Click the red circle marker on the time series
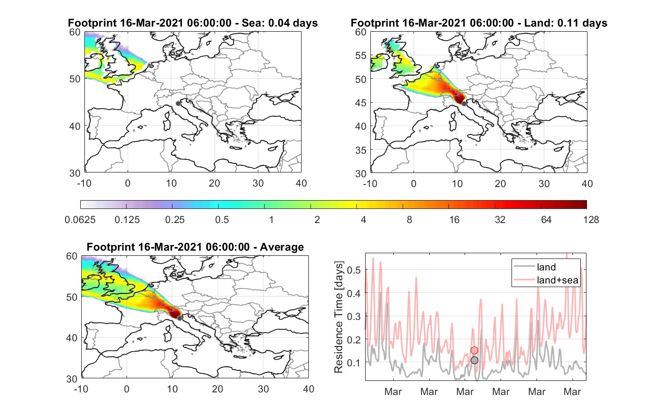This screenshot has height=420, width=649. click(475, 351)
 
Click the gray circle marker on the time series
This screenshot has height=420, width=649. click(475, 360)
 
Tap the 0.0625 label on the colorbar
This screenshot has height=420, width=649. click(80, 220)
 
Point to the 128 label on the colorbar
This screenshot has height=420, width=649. click(591, 220)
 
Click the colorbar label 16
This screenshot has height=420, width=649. click(454, 220)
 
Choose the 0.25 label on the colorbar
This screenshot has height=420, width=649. click(174, 220)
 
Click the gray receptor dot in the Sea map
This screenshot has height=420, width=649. click(178, 104)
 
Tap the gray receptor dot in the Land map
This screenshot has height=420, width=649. click(464, 104)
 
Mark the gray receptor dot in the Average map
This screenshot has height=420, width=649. click(180, 318)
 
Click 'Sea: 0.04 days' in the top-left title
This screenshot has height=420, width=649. click(280, 23)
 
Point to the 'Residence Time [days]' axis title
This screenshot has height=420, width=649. click(339, 317)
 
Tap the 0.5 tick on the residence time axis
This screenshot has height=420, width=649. click(354, 270)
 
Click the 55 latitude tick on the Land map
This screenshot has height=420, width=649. click(361, 55)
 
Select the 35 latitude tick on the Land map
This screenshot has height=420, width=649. click(361, 150)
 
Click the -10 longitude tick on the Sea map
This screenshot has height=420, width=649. click(84, 183)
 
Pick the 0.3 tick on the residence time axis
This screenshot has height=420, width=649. click(354, 316)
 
